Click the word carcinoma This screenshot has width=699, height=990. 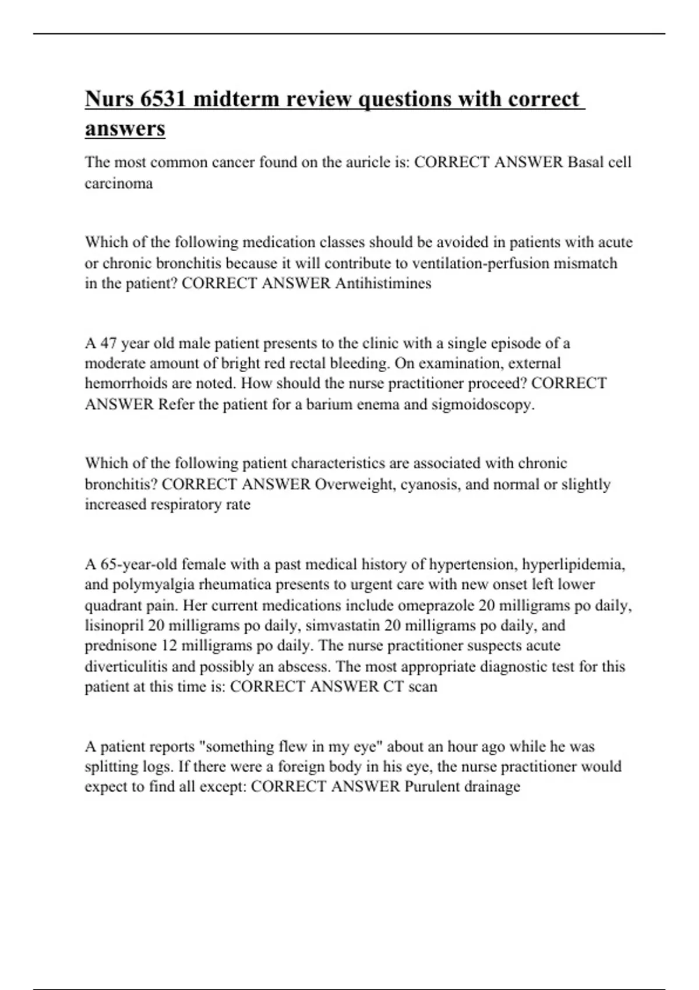(119, 183)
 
